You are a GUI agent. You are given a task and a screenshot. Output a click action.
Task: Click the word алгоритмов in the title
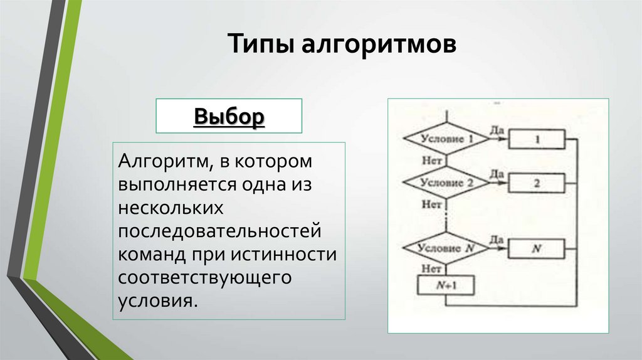coord(372,46)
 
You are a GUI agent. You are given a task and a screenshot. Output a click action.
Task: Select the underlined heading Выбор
coord(229,116)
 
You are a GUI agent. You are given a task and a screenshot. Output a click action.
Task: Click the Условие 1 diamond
coord(446,139)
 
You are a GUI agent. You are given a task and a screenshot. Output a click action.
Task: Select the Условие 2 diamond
coord(446,183)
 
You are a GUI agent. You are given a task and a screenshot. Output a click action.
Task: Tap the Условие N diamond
coord(446,248)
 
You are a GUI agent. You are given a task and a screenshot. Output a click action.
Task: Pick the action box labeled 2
coord(537,184)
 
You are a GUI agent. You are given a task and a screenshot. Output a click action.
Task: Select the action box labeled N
coord(537,248)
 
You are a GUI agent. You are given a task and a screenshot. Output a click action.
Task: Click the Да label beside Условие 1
coord(497,129)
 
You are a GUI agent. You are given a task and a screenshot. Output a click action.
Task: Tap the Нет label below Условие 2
coord(431,204)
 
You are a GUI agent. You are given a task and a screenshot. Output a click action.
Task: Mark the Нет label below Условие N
coord(431,268)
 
